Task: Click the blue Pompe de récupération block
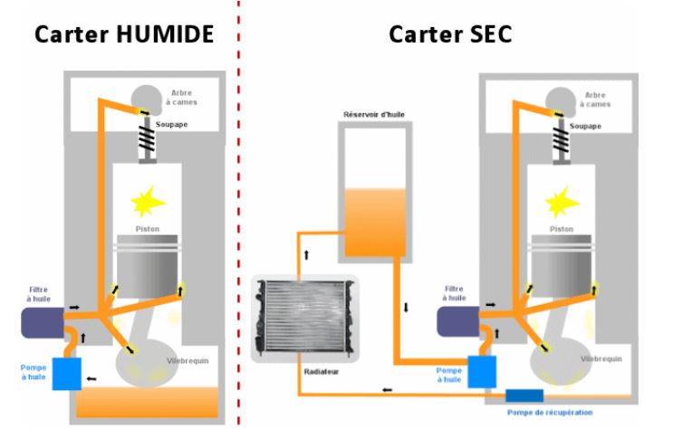tap(524, 396)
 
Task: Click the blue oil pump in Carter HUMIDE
tap(67, 373)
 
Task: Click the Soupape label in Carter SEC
tap(589, 126)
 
